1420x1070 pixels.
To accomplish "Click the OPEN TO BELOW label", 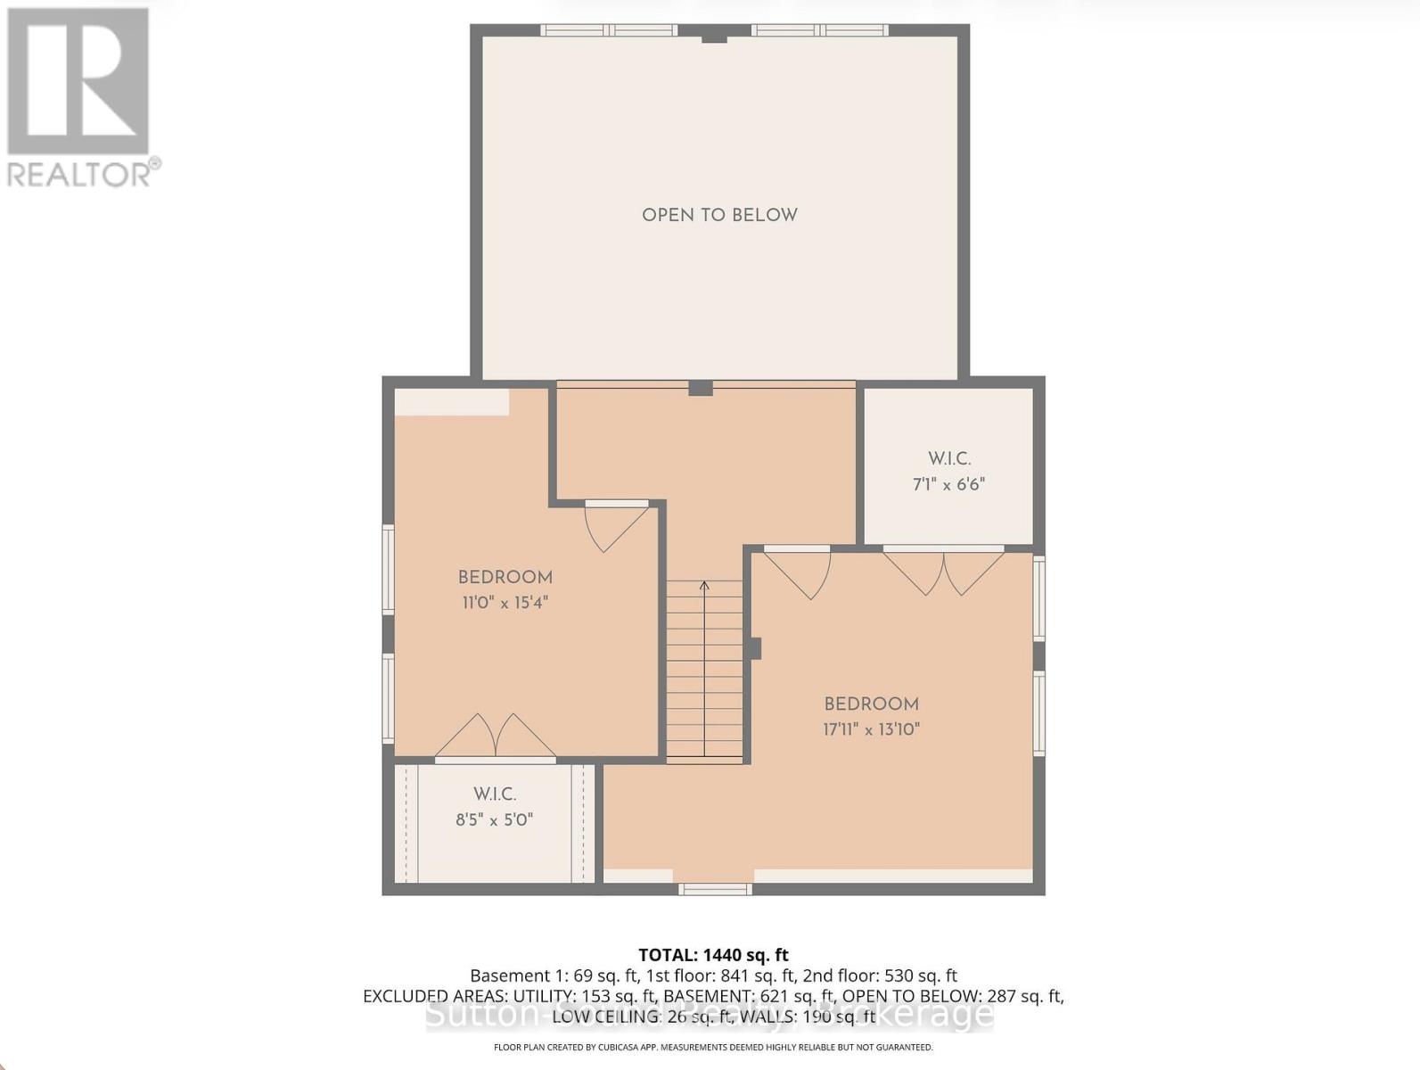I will (x=719, y=215).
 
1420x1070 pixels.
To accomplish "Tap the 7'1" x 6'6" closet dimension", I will (x=948, y=485).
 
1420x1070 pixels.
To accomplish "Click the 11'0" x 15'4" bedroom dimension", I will (x=505, y=603).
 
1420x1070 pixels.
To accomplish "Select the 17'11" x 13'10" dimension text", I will (x=871, y=729).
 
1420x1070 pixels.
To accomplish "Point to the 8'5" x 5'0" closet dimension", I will (x=494, y=819).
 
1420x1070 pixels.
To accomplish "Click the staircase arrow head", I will (x=704, y=586).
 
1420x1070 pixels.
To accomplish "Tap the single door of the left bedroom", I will (x=615, y=526).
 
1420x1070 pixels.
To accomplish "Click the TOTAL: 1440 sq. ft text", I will (x=713, y=955).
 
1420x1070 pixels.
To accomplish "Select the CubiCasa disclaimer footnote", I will (x=713, y=1047).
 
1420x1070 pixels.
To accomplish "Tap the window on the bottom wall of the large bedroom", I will (x=715, y=889).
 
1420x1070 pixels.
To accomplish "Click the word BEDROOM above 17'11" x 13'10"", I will (x=871, y=704).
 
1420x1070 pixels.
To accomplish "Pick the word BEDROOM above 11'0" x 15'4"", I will (x=505, y=578).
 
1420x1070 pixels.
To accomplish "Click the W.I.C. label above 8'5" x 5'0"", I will (x=494, y=794).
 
